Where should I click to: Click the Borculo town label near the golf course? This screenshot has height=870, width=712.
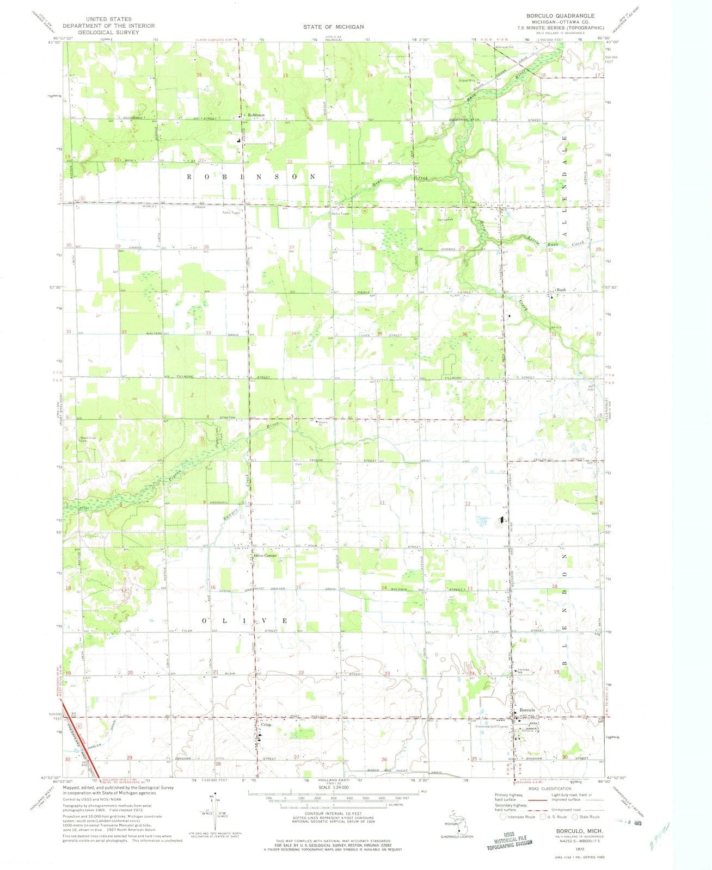click(x=528, y=710)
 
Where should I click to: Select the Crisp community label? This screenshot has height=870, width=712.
click(x=266, y=724)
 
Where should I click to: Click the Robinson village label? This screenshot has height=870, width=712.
click(x=256, y=115)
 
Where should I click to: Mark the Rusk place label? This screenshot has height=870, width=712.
click(x=561, y=290)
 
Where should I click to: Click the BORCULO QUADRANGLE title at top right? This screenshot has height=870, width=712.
click(x=561, y=16)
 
